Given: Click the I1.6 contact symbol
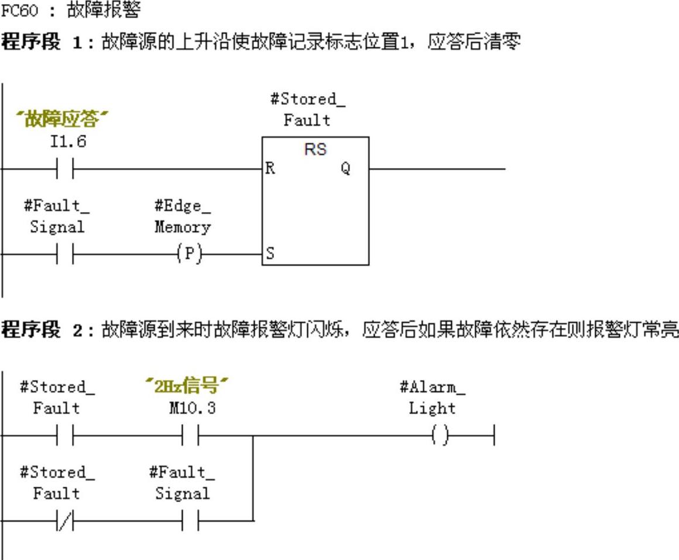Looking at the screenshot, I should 65,169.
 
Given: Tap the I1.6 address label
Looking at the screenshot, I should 68,142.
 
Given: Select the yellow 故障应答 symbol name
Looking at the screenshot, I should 63,119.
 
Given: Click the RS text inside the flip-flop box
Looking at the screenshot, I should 315,149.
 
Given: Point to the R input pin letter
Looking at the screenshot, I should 270,169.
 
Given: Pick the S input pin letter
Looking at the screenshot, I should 270,254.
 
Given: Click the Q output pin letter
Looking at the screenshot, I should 345,169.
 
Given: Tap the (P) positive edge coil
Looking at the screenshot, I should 189,254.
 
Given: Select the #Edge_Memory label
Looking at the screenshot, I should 182,216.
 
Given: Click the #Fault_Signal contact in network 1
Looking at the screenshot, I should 65,254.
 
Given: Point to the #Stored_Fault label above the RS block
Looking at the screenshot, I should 307,109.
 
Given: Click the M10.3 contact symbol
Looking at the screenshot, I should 191,436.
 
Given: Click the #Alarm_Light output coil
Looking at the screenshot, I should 440,436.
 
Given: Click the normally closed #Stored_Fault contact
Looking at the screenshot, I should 65,520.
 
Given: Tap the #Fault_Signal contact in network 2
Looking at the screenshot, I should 191,520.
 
